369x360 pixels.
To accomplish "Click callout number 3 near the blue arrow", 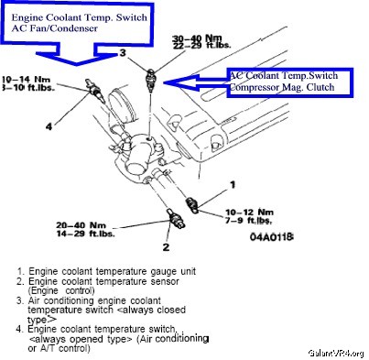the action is point(123,53).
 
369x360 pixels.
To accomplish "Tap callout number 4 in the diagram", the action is point(49,126).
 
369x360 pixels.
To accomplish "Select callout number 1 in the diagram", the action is point(233,184).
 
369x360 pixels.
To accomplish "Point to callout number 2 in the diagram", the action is point(166,246).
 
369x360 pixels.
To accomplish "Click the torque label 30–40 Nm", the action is point(197,38).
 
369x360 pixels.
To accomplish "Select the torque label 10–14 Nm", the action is point(27,80).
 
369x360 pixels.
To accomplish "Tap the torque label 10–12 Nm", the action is point(249,212).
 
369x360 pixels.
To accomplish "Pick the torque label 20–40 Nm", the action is point(81,225).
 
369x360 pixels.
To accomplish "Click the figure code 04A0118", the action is point(272,236).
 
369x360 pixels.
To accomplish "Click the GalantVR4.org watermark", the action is point(336,354).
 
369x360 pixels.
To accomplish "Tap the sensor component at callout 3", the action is point(150,80).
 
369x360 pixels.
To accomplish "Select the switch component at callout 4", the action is point(95,90).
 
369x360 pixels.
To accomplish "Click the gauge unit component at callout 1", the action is point(193,204).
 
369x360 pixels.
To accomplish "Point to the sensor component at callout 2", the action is point(176,219).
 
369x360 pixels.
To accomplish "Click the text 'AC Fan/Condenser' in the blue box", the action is point(54,28).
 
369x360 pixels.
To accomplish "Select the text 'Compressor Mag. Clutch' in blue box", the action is point(282,87).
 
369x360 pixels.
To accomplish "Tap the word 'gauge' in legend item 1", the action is point(163,271).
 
